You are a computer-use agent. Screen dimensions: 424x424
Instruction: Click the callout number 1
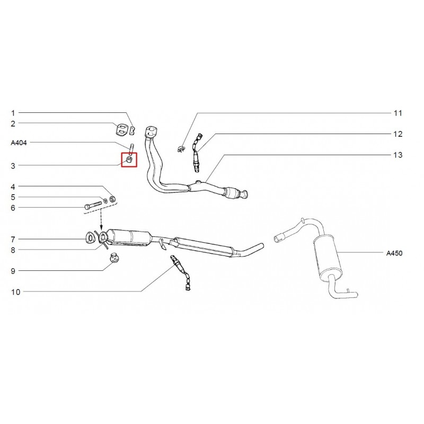point(14,113)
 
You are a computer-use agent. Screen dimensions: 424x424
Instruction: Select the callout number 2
point(14,123)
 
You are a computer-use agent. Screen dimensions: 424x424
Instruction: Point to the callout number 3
point(14,165)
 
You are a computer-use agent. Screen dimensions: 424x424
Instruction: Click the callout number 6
point(14,207)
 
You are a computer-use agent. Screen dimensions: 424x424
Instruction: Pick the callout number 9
point(14,270)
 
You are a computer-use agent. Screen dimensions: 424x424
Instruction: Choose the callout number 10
point(15,291)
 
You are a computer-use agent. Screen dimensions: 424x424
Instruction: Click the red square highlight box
point(129,160)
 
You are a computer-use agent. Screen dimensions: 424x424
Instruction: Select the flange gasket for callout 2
point(122,129)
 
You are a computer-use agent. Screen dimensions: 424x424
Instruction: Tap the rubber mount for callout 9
point(113,259)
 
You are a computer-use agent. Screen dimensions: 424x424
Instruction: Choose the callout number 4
point(14,187)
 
